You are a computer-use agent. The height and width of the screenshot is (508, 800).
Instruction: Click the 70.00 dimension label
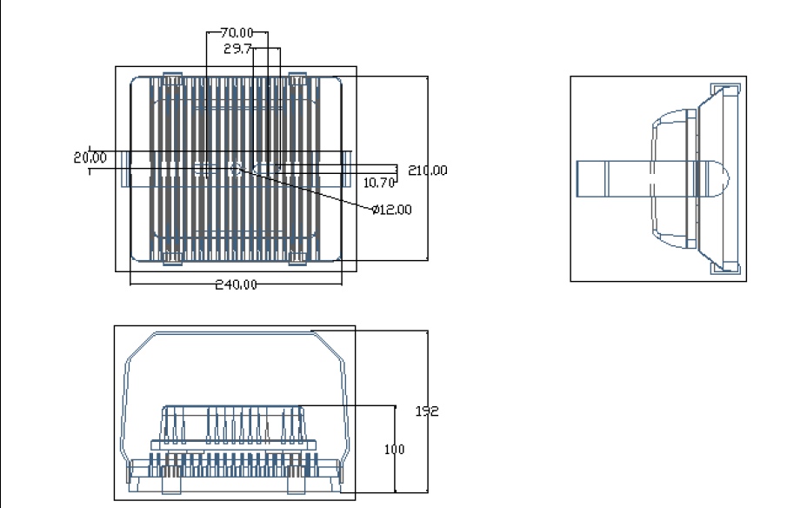[x=237, y=33]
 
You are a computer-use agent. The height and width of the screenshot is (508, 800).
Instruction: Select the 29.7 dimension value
[x=237, y=49]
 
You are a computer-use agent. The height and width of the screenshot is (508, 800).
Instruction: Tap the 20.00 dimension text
[x=90, y=157]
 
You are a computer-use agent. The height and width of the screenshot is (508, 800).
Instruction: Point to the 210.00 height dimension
[x=428, y=170]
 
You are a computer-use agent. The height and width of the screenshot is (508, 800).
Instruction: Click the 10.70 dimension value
[x=379, y=183]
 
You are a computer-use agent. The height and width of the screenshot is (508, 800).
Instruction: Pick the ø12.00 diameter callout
[x=392, y=210]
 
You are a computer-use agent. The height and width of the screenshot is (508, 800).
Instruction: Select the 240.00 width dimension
[x=237, y=284]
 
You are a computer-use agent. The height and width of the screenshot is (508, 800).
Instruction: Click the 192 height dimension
[x=427, y=411]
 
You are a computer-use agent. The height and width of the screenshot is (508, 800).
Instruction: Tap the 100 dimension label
[x=395, y=450]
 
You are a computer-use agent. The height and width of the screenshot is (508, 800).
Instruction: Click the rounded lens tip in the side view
[x=719, y=178]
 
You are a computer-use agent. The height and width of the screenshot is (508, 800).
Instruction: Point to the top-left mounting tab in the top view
[x=172, y=78]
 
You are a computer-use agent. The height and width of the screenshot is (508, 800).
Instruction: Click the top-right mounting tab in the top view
[x=298, y=78]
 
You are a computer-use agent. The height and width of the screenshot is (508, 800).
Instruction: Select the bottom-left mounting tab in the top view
[x=172, y=259]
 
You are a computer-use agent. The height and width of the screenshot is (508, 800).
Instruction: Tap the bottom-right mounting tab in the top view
[x=298, y=259]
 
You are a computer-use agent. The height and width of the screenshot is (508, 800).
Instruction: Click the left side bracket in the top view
[x=126, y=169]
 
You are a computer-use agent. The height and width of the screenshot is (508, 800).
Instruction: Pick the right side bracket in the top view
[x=346, y=169]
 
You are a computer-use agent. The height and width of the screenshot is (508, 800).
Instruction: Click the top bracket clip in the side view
[x=725, y=90]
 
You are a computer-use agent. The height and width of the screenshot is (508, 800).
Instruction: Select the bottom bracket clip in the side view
[x=725, y=268]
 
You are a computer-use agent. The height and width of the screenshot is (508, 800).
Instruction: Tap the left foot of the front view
[x=171, y=485]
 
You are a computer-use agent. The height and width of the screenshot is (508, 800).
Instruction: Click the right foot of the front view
[x=297, y=485]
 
